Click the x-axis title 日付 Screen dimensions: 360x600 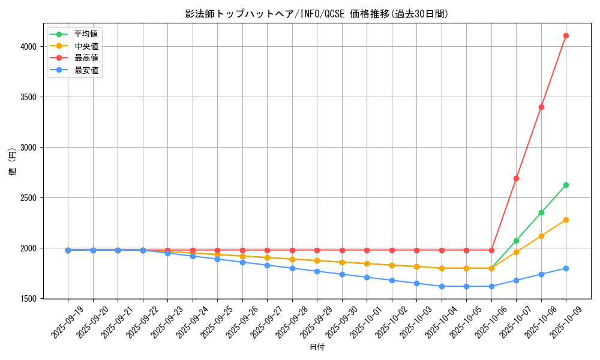click(317, 347)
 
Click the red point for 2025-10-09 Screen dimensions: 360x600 click(566, 35)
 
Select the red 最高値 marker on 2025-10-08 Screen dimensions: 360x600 click(541, 107)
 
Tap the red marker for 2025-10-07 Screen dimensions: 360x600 click(516, 178)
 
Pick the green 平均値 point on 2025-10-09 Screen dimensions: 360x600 click(566, 185)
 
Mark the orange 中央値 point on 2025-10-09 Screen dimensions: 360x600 click(566, 220)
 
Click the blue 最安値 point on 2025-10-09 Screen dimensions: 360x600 click(566, 268)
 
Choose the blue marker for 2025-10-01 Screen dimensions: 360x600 click(367, 277)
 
